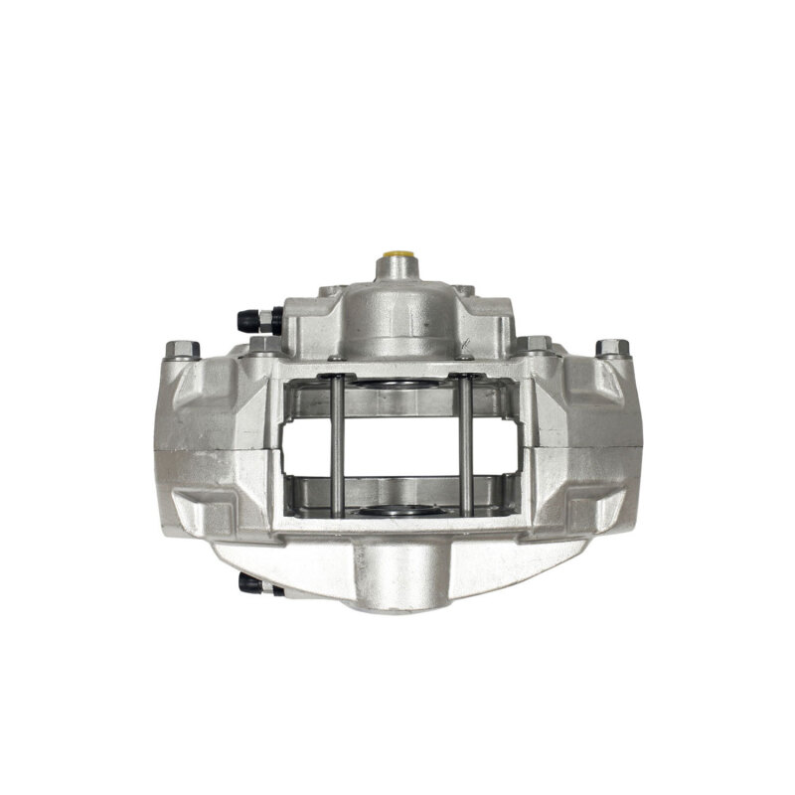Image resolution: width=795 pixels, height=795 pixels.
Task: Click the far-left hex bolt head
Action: pos(181,349)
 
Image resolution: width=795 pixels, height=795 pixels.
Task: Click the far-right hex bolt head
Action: pos(612,349)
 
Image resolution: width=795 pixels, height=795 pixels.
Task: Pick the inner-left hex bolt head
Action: pos(264,344)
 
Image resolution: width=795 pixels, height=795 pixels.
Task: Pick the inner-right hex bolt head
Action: pos(536,344)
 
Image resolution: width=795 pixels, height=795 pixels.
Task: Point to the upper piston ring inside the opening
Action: pos(400,385)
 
